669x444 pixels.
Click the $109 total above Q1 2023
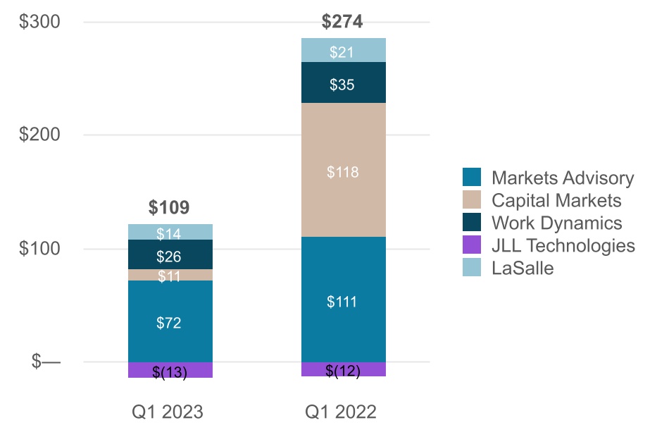coord(169,207)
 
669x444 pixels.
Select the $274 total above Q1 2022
coord(342,22)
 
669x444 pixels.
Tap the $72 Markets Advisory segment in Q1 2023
coord(169,323)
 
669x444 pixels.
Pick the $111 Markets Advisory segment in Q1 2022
coord(342,302)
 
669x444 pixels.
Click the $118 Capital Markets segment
coord(342,171)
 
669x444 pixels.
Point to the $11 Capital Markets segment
coord(169,276)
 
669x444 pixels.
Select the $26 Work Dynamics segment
coord(169,255)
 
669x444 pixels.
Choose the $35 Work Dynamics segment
coord(342,85)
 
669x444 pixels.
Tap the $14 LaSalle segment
coord(169,233)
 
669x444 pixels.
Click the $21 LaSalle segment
coord(342,51)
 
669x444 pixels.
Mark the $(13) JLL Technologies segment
coord(169,372)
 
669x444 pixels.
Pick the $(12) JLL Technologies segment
coord(342,371)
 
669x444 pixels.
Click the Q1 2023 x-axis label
coord(168,412)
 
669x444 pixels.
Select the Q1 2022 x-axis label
coord(341,412)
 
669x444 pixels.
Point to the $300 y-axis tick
coord(39,22)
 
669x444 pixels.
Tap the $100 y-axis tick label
coord(39,249)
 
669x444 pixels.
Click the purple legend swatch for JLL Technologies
coord(472,245)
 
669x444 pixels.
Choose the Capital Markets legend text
coord(556,200)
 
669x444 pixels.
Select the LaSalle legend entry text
coord(523,268)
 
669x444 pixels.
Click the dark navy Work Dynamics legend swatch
coord(472,223)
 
